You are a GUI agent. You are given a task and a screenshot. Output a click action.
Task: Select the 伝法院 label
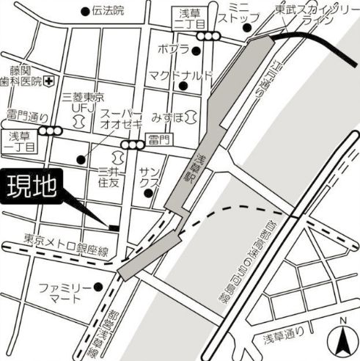click(x=108, y=11)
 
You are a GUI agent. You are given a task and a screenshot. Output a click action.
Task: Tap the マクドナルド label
click(x=180, y=76)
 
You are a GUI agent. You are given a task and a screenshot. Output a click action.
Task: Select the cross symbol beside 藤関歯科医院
click(x=48, y=80)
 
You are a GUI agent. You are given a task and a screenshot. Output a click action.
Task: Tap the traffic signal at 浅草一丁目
click(x=51, y=131)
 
